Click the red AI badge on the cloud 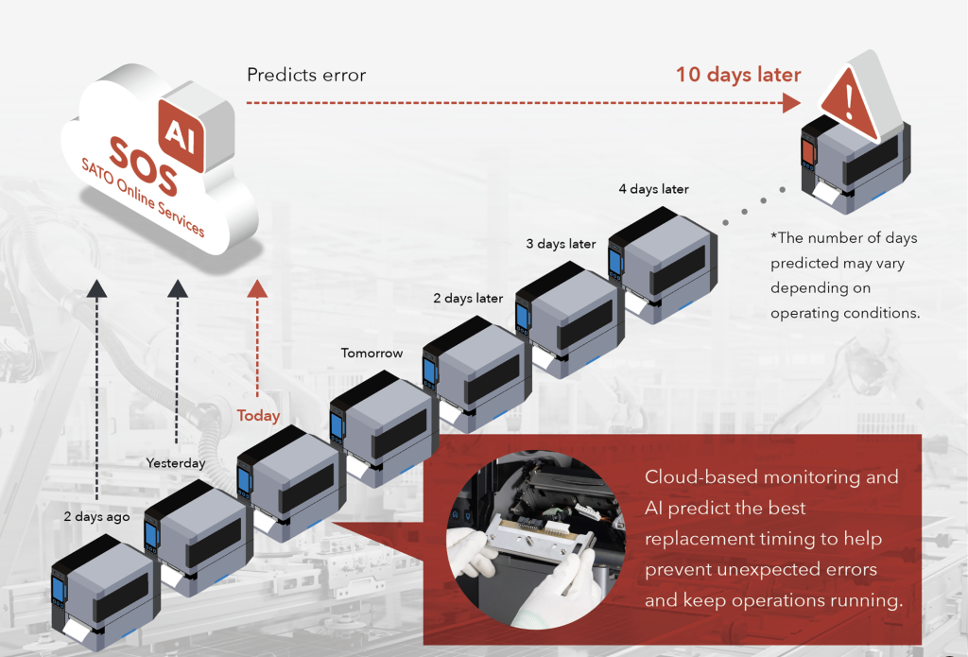pos(181,134)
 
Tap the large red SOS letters pos(144,166)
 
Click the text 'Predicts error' pos(306,76)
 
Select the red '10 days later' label pos(738,75)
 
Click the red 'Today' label pos(258,416)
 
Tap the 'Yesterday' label pos(175,463)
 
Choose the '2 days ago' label pos(97,517)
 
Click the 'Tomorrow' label pos(372,354)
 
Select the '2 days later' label pos(468,298)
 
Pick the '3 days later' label pos(561,244)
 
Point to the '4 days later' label pos(654,189)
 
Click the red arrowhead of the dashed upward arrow pos(257,288)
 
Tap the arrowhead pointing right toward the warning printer pos(791,103)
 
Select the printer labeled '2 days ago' pos(106,592)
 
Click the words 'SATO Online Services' pos(143,197)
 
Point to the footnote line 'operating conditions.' pos(845,313)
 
